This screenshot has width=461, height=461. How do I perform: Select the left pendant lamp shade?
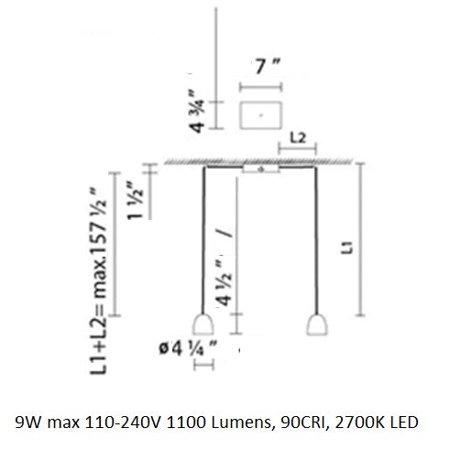click(203, 324)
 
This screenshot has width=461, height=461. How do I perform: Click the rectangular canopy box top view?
click(259, 115)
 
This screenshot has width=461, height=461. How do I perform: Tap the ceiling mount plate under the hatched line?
click(260, 170)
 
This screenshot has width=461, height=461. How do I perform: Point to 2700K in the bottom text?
click(360, 424)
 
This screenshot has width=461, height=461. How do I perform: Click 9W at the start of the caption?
click(28, 424)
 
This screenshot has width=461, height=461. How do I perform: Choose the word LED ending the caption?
click(405, 424)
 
